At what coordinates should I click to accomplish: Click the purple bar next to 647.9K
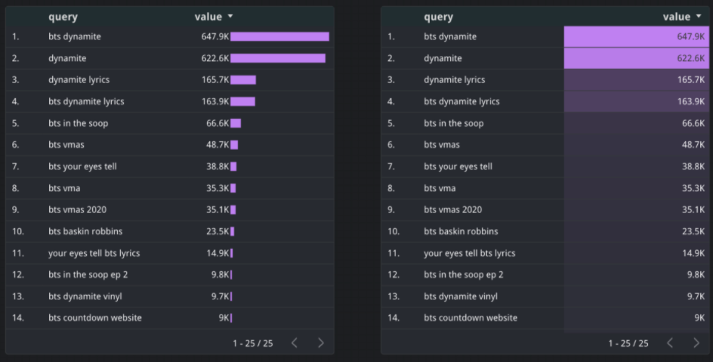(279, 36)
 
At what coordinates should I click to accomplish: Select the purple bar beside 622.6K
(278, 58)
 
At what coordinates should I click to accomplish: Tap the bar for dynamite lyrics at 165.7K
(243, 79)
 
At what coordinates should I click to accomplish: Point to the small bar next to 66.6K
(236, 123)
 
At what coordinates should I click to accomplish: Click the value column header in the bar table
(208, 17)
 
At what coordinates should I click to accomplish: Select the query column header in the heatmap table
(438, 17)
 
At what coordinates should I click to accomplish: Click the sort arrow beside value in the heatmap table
(698, 17)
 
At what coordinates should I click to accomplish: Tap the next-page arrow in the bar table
(321, 343)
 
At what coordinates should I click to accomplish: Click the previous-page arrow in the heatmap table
(670, 343)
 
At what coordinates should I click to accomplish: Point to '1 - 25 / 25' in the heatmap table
(628, 343)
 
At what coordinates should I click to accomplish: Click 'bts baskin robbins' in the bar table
(85, 231)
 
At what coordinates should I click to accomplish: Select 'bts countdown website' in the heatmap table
(471, 318)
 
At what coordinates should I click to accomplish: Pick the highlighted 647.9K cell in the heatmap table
(636, 36)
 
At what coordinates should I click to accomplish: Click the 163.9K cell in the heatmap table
(636, 101)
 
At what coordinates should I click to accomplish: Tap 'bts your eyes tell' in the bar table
(82, 166)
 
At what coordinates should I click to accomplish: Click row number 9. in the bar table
(16, 210)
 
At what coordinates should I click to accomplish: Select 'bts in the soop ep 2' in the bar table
(88, 274)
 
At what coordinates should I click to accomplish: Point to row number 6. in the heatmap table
(391, 144)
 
